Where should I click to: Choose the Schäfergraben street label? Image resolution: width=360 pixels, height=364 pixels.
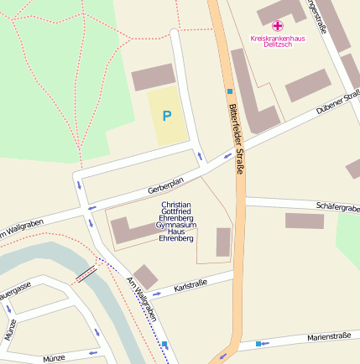337,206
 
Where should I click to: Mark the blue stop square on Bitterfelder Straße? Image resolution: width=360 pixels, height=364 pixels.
229,90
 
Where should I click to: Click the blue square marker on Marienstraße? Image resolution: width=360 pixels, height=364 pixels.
258,343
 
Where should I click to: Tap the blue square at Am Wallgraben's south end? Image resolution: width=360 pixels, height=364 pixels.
164,345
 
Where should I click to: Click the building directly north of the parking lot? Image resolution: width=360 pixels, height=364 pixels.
153,77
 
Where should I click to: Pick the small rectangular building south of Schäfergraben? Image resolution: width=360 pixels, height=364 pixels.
304,221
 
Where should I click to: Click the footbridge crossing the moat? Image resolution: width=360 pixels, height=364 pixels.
86,273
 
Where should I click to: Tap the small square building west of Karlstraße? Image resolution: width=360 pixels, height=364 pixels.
145,276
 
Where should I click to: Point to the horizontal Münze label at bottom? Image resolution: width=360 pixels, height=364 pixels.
54,356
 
